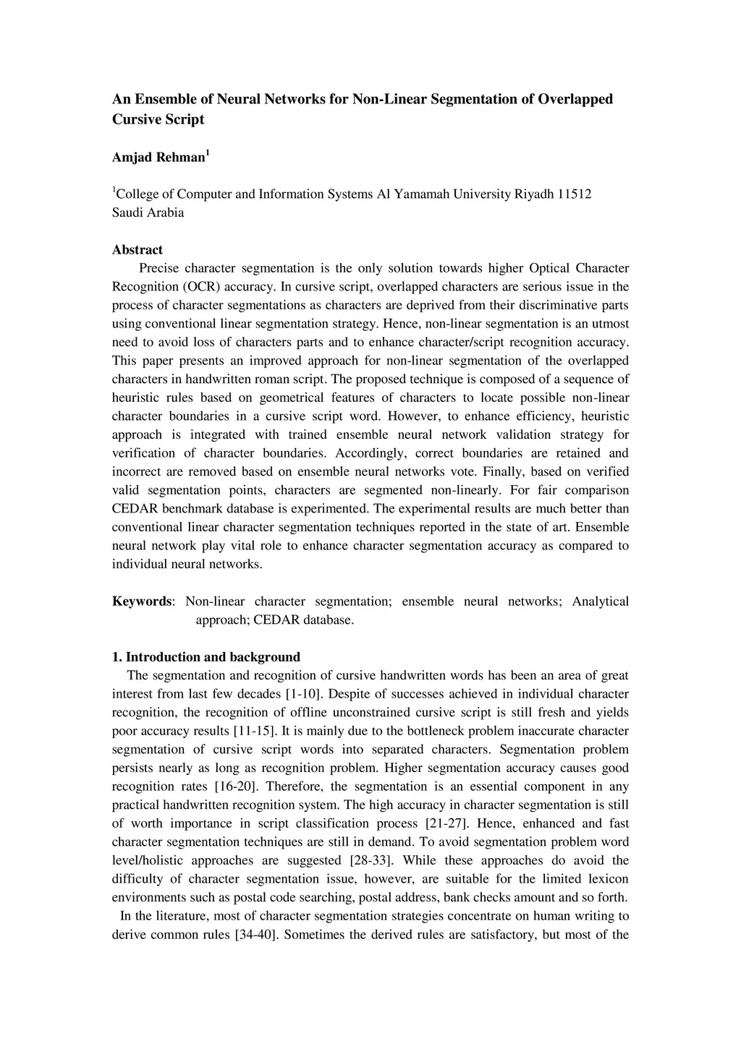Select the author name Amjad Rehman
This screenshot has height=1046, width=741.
pyautogui.click(x=158, y=158)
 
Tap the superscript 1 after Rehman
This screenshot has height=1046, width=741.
pyautogui.click(x=208, y=153)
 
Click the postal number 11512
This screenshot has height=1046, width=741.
pyautogui.click(x=575, y=194)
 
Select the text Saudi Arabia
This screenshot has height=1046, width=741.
pyautogui.click(x=148, y=213)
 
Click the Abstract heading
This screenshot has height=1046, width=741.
pyautogui.click(x=137, y=249)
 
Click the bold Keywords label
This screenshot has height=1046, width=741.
pyautogui.click(x=142, y=601)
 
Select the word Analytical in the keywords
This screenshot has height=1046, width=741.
pyautogui.click(x=600, y=601)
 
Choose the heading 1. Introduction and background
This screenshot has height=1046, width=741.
pyautogui.click(x=206, y=657)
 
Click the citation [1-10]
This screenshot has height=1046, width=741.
pyautogui.click(x=304, y=694)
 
